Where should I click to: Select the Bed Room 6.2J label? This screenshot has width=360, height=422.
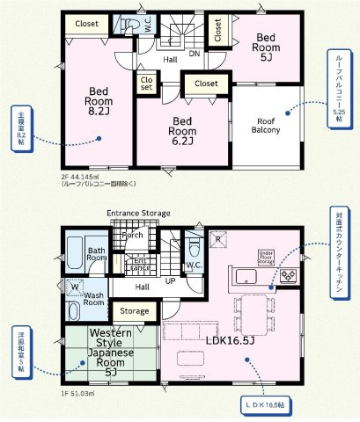pyautogui.click(x=183, y=130)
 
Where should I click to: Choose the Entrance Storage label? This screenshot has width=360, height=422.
pyautogui.click(x=138, y=214)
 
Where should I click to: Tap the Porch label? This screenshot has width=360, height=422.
pyautogui.click(x=133, y=236)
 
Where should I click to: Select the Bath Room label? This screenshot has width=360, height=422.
pyautogui.click(x=96, y=254)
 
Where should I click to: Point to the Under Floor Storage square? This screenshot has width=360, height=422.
pyautogui.click(x=267, y=256)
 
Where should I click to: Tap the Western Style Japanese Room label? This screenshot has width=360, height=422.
pyautogui.click(x=110, y=352)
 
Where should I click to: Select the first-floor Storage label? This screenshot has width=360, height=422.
pyautogui.click(x=135, y=311)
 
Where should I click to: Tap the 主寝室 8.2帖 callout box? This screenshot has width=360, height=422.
pyautogui.click(x=20, y=127)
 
